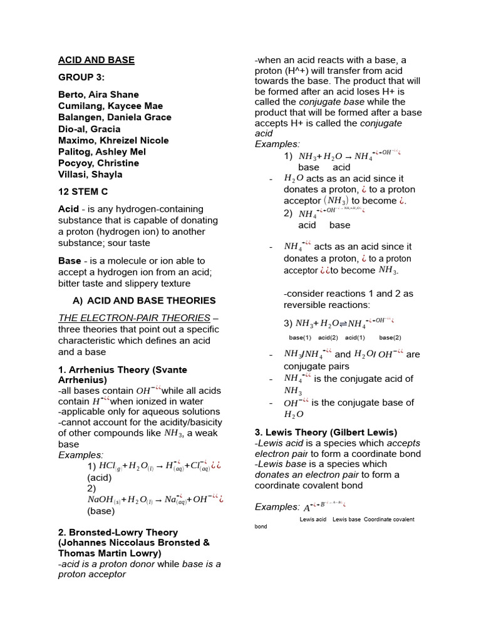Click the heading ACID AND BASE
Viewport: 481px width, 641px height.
click(96, 60)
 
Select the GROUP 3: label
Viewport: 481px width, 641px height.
click(81, 78)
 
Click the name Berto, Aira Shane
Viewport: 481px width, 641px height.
click(100, 95)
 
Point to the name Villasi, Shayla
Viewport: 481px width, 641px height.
click(90, 175)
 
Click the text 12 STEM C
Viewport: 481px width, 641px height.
click(83, 192)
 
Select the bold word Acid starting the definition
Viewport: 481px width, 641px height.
click(68, 209)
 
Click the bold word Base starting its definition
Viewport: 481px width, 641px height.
click(70, 260)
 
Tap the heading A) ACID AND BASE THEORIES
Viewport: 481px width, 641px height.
click(144, 300)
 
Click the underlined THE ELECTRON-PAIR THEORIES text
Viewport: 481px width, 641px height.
click(134, 318)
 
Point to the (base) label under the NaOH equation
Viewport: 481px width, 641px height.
click(101, 511)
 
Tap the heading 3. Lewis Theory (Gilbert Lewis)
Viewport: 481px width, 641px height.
click(326, 432)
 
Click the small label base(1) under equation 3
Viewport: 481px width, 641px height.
click(300, 337)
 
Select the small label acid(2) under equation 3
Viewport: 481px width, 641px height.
click(328, 337)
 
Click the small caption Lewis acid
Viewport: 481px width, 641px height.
click(313, 520)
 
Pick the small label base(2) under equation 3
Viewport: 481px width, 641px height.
click(390, 337)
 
